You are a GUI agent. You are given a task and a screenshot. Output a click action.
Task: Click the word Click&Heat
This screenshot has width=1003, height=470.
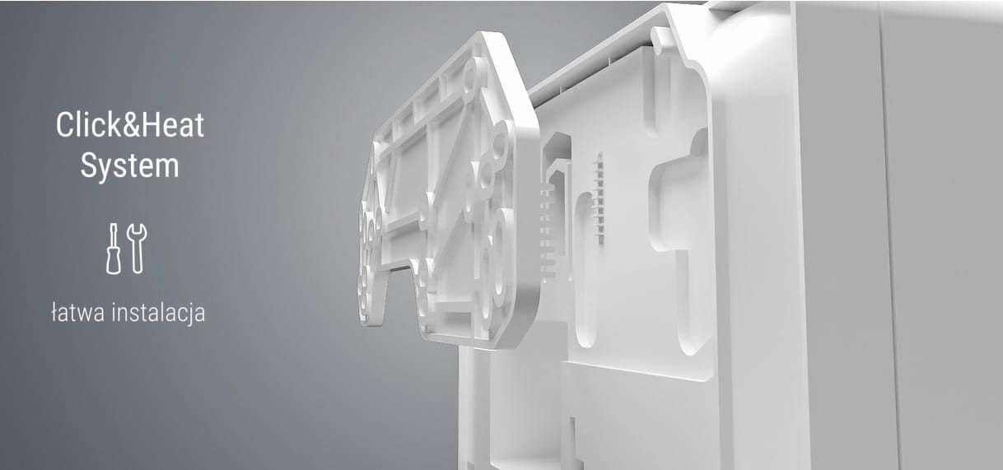(130, 125)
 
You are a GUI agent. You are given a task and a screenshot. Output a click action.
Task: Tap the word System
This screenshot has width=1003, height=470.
(130, 166)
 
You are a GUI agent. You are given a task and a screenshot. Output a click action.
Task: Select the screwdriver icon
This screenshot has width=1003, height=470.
(114, 249)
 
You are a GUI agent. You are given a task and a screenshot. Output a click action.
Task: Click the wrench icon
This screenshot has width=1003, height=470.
(137, 249)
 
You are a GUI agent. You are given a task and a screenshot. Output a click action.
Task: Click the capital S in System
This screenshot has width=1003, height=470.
(88, 165)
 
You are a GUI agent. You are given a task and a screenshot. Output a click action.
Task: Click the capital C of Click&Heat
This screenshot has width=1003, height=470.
(64, 125)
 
